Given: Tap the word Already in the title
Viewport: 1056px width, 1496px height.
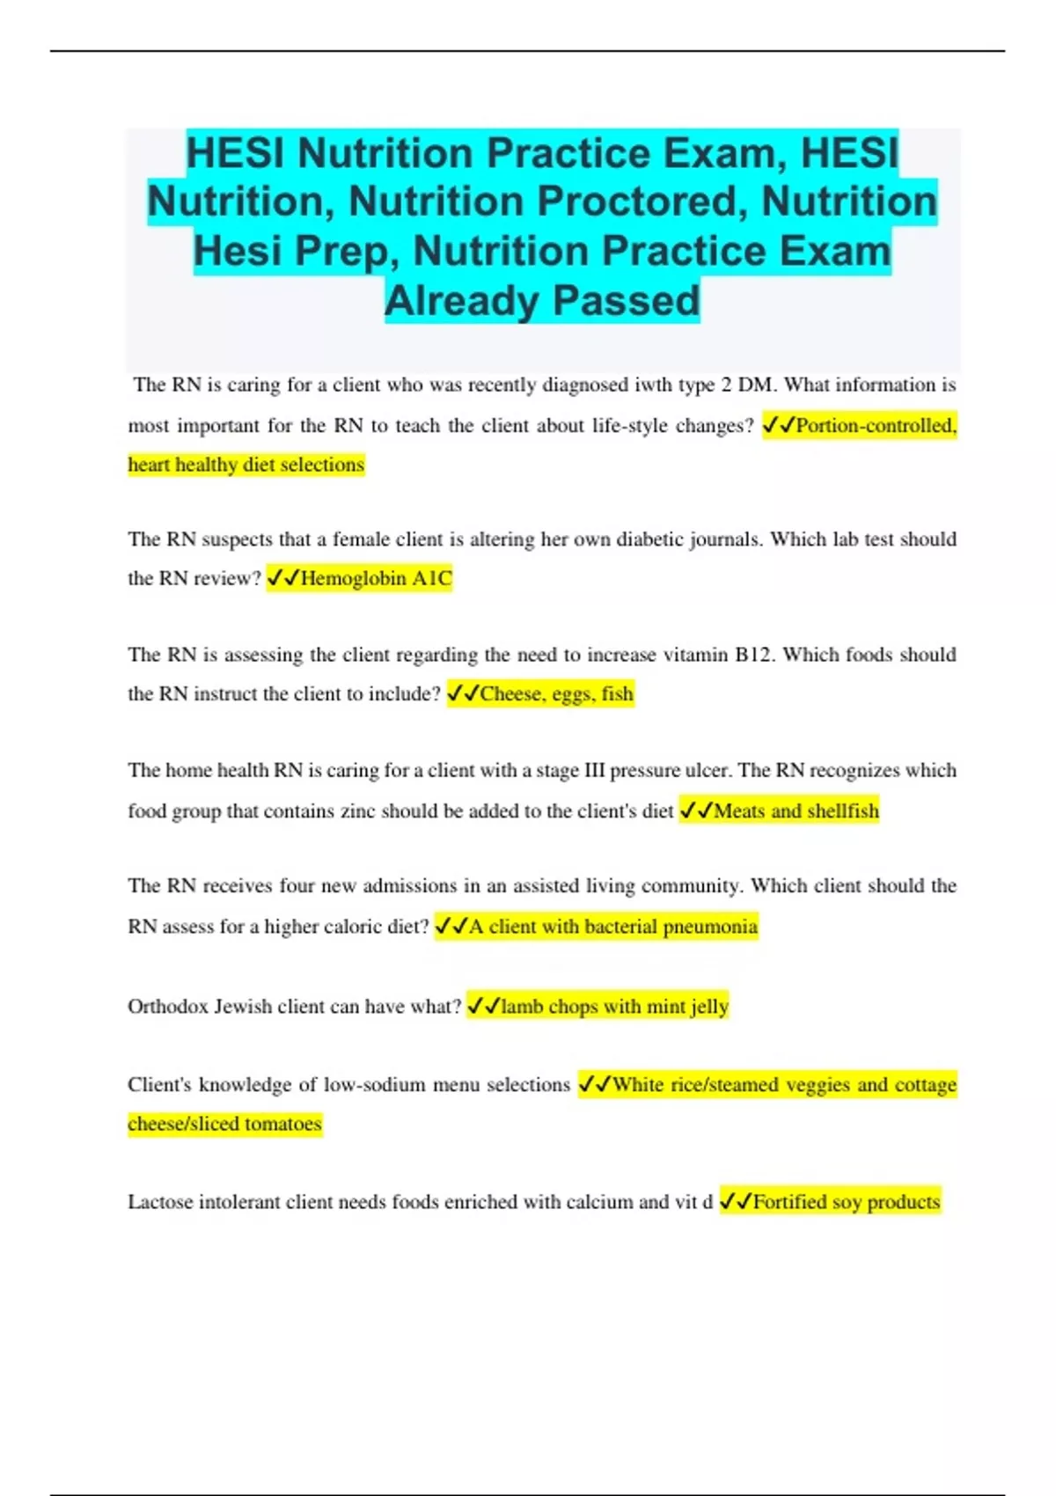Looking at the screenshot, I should pos(462,300).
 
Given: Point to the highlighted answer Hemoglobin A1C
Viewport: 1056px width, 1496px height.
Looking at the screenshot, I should pos(376,578).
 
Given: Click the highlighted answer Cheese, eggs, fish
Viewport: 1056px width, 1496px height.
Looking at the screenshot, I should pos(556,693).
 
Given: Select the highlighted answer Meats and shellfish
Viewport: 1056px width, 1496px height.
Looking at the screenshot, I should pos(796,810).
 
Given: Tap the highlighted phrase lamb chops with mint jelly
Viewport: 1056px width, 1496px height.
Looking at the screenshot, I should pos(614,1006).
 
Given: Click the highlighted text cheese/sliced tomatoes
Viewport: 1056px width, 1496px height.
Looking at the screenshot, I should pos(224,1124).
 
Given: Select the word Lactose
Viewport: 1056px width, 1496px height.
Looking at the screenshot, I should pos(160,1201).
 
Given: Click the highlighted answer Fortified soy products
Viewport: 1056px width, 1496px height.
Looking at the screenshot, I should pos(847,1201).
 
